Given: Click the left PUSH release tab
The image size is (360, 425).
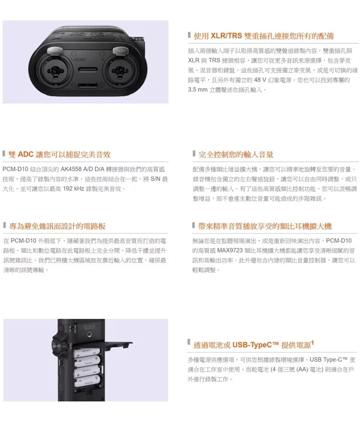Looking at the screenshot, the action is (55, 50).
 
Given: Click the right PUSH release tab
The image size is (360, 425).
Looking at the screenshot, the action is (120, 50).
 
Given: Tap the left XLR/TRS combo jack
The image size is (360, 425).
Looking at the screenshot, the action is (55, 71).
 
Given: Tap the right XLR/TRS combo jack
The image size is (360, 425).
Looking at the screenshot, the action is (120, 71).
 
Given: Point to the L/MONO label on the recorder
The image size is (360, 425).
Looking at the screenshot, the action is (78, 59).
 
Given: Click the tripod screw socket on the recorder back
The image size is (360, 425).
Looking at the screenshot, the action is (89, 335).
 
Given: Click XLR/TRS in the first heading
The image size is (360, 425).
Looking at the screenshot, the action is (226, 36).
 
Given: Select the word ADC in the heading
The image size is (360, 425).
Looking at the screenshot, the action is (25, 154).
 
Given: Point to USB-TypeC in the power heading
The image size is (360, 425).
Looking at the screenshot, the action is (252, 345).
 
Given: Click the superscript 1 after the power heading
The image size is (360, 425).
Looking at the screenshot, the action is (312, 343).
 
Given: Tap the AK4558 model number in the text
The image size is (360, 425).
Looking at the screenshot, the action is (71, 169).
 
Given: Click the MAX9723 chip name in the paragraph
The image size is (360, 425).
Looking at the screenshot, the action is (229, 250).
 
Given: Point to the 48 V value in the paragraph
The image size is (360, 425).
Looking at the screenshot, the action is (260, 80).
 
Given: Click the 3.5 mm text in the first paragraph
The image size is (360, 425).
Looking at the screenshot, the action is (197, 90).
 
